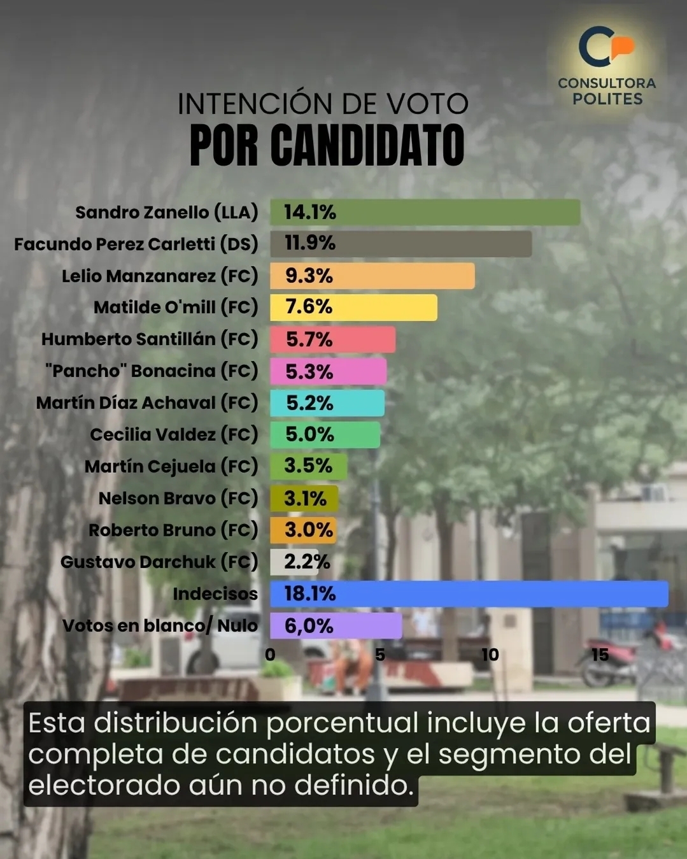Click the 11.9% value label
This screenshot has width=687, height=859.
(x=310, y=243)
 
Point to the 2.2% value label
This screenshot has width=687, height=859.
(x=307, y=562)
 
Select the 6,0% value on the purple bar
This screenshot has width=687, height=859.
(x=309, y=626)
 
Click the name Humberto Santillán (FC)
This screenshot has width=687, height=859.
(x=150, y=339)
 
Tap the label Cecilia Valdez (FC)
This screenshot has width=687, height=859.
(x=174, y=434)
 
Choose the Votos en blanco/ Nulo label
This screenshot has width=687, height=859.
(x=160, y=625)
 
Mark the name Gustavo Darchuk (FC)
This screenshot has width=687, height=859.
(x=159, y=562)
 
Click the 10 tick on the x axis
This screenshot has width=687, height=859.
(x=490, y=655)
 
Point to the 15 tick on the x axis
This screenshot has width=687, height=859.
(x=600, y=655)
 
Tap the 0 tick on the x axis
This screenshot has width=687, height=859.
(x=270, y=655)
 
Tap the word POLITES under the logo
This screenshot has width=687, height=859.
(x=607, y=99)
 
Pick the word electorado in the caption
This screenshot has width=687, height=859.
(x=104, y=785)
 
